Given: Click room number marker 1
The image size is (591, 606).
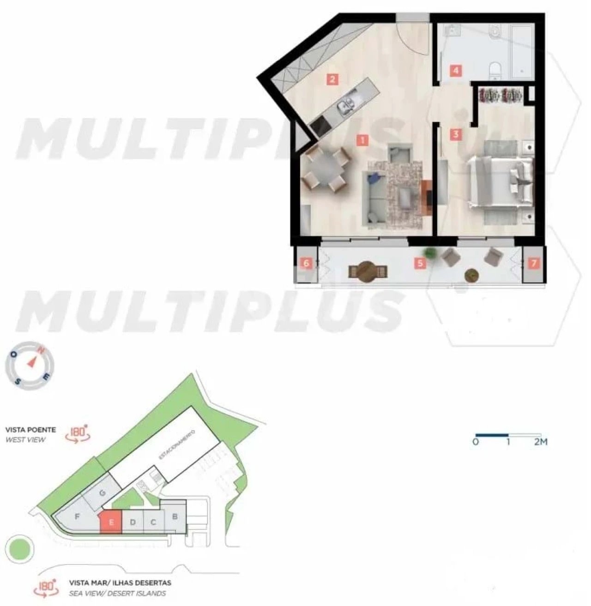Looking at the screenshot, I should point(363,140).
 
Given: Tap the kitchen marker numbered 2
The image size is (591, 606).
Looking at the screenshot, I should point(332,79).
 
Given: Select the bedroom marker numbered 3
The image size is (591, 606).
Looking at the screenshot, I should point(456,134).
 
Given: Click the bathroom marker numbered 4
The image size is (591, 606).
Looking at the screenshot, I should point(456,71).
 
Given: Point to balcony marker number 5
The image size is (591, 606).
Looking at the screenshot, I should point(419,264).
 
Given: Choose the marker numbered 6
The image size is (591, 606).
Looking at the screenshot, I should point(306,264).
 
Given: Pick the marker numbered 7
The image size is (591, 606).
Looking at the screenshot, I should point(534,264).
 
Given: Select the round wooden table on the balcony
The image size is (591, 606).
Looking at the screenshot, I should point(367,270).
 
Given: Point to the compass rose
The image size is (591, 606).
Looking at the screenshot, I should point(30,365).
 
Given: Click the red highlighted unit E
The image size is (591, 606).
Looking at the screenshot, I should point(111,522).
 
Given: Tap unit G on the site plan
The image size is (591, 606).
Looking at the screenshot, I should point(103,493).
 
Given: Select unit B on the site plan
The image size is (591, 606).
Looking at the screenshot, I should point(175,516).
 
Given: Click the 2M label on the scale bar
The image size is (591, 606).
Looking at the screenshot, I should point(540,442).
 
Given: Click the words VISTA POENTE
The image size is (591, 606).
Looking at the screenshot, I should point(30,430).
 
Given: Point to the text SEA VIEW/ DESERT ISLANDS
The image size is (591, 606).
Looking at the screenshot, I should point(117,594).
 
